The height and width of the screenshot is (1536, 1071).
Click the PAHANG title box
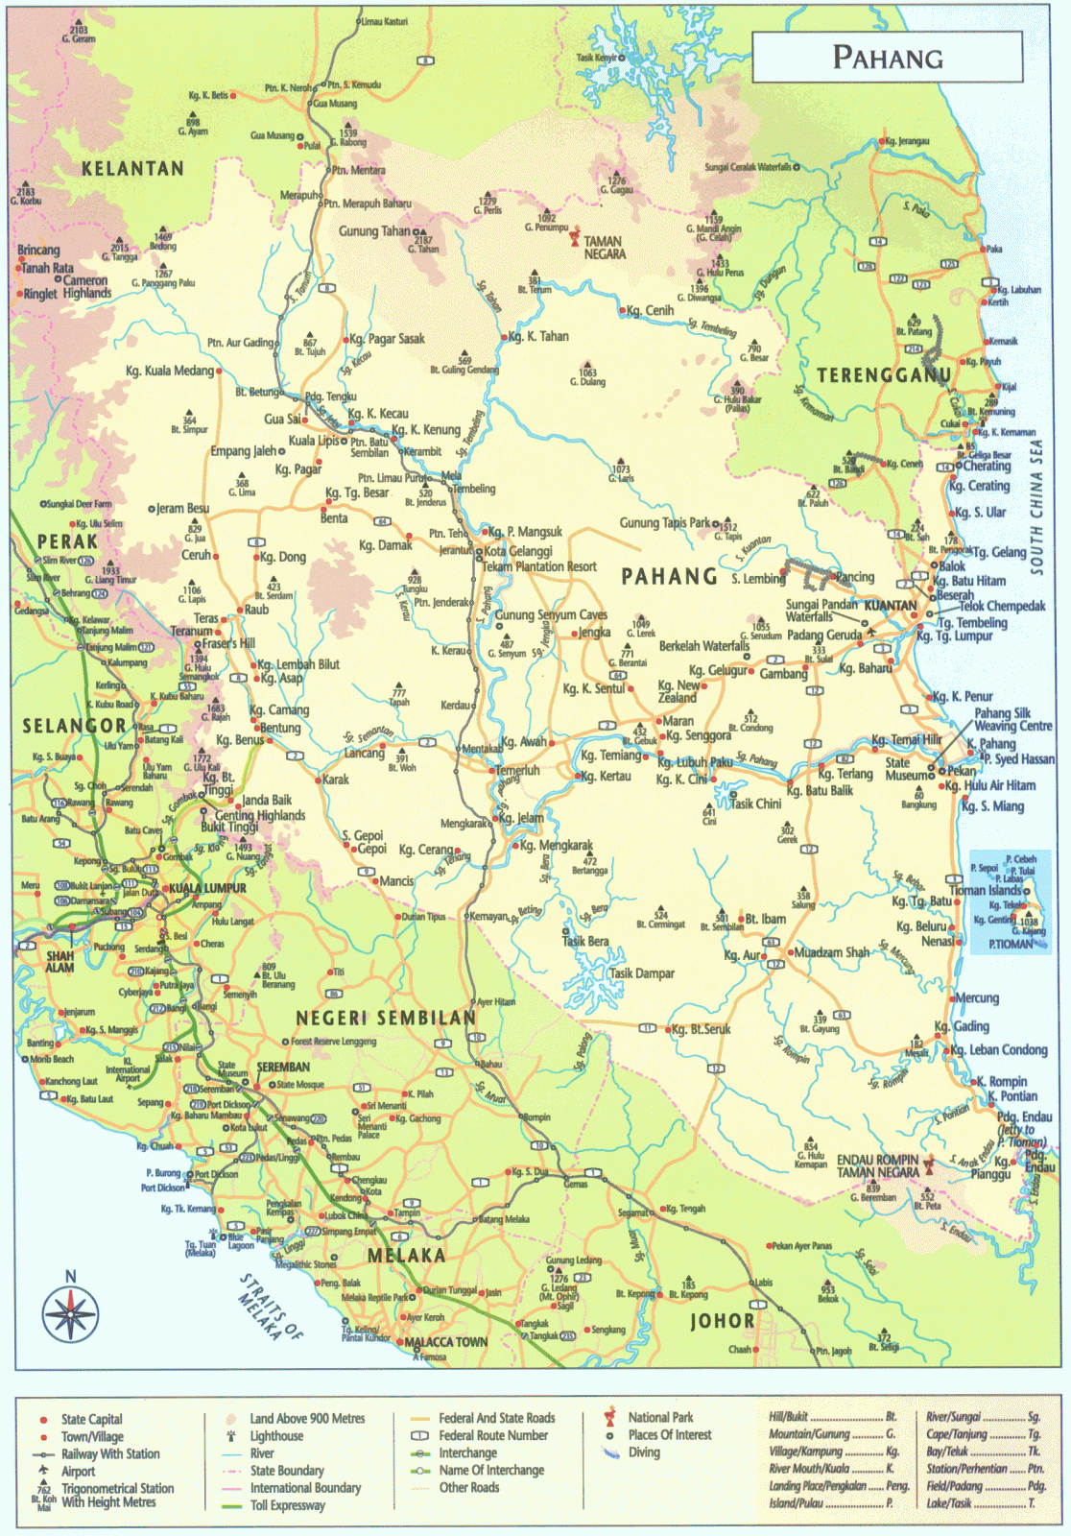pyautogui.click(x=887, y=58)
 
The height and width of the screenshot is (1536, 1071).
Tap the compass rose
pyautogui.click(x=70, y=1312)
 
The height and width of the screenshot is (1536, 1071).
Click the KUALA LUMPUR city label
pyautogui.click(x=208, y=888)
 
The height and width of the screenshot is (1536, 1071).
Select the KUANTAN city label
pyautogui.click(x=890, y=606)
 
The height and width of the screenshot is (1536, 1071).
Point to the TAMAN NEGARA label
pyautogui.click(x=605, y=248)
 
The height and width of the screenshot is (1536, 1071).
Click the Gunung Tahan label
pyautogui.click(x=374, y=231)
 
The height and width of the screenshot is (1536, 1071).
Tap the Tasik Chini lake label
pyautogui.click(x=755, y=804)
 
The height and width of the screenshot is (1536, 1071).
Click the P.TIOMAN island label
pyautogui.click(x=1011, y=944)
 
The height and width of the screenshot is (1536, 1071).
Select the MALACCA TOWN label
pyautogui.click(x=446, y=1342)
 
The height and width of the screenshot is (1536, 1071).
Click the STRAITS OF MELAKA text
pyautogui.click(x=272, y=1307)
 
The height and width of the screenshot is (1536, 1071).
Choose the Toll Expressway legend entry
pyautogui.click(x=287, y=1505)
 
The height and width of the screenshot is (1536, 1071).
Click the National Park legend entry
pyautogui.click(x=660, y=1417)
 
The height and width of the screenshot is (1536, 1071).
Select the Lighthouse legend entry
pyautogui.click(x=276, y=1436)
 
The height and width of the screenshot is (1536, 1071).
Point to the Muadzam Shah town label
pyautogui.click(x=831, y=952)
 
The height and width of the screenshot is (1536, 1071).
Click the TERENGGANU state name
pyautogui.click(x=884, y=374)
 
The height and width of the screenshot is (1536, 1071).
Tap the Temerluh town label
pyautogui.click(x=519, y=770)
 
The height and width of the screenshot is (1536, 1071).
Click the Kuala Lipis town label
pyautogui.click(x=315, y=441)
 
